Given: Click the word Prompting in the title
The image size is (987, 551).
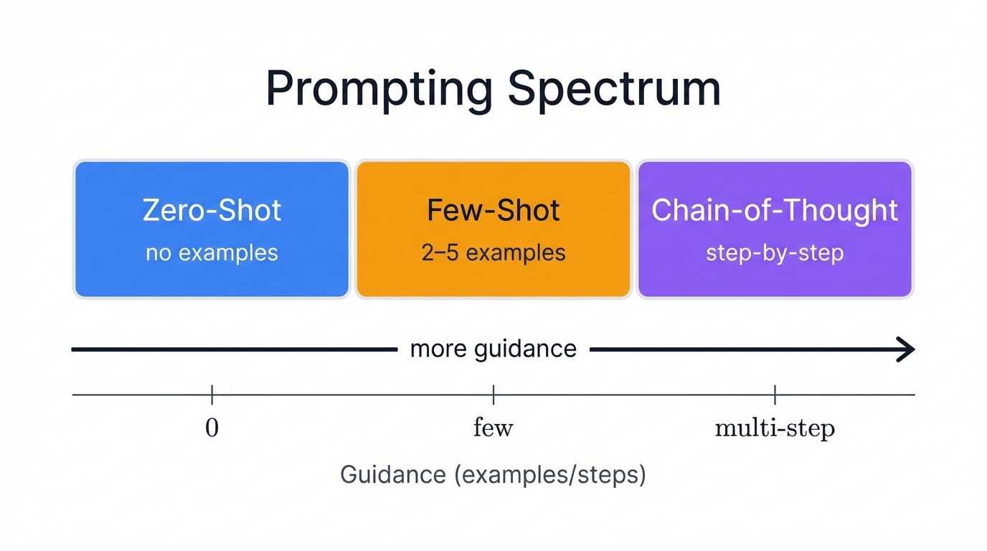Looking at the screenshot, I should click(379, 90).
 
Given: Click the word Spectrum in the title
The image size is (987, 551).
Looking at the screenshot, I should click(614, 90).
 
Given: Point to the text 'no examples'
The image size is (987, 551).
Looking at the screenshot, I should click(212, 253).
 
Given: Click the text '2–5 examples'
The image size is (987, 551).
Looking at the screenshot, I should click(493, 253).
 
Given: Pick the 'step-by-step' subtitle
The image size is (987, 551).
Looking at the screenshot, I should click(775, 253).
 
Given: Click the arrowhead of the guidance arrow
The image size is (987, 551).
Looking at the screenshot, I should click(907, 349).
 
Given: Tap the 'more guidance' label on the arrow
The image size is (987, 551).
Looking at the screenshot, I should click(493, 349).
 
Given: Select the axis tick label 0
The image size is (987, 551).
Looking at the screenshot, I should click(212, 428).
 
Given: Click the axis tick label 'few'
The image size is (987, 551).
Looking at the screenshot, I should click(493, 428).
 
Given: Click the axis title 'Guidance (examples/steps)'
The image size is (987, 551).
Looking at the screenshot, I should click(493, 475).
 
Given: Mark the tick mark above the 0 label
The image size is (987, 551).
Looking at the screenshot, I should click(212, 395).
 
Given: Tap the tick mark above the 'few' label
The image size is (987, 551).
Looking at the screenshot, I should click(493, 395).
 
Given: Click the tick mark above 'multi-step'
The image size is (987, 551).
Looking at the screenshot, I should click(775, 395).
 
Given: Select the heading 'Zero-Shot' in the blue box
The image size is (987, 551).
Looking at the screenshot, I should click(212, 210).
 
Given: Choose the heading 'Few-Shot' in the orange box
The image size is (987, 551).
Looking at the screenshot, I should click(493, 210).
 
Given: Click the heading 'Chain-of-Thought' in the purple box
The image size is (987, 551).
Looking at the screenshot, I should click(775, 210).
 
